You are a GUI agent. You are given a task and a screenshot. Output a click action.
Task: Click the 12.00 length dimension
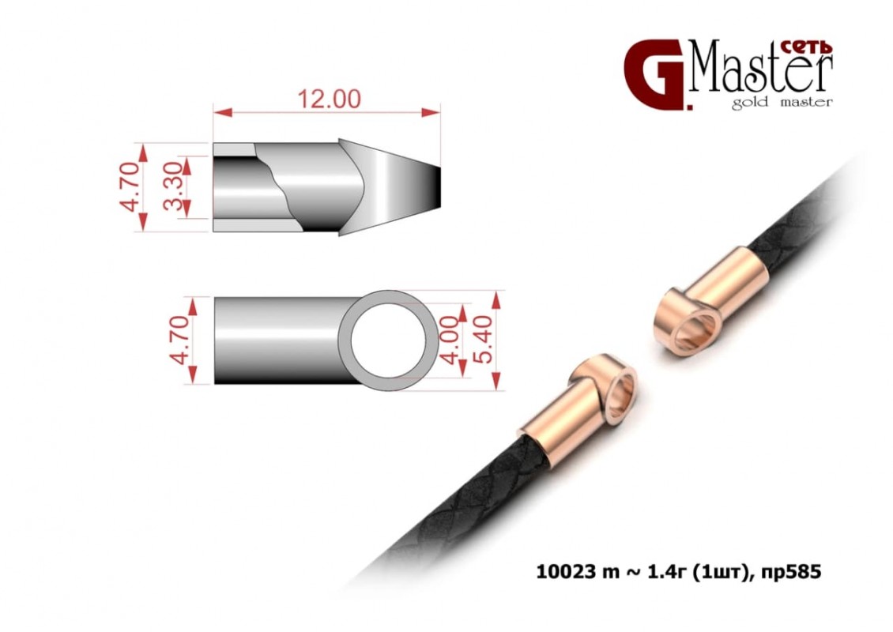click(x=330, y=99)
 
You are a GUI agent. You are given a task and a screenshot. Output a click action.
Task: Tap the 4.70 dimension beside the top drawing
click(x=131, y=186)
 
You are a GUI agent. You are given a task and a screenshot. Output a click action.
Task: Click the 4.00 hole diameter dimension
click(x=450, y=340)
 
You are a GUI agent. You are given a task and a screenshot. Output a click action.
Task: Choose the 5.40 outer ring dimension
click(x=482, y=340)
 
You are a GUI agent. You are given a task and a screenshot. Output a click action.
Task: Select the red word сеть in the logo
click(x=805, y=47)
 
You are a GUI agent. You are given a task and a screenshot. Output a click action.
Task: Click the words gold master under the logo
click(x=782, y=103)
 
